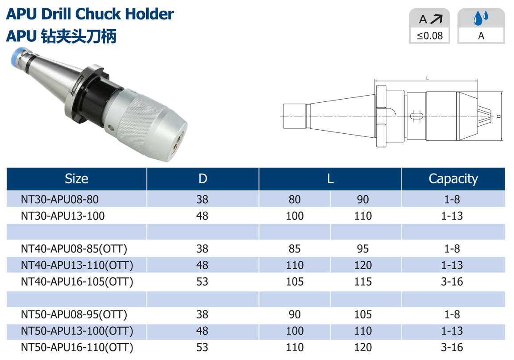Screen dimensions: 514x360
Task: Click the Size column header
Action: tap(76, 179)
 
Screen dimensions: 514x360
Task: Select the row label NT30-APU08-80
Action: tap(60, 200)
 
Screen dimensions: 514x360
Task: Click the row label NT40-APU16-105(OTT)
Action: tap(77, 282)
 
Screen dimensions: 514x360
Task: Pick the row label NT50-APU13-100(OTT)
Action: tap(77, 331)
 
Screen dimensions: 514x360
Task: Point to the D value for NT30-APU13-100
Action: tap(202, 216)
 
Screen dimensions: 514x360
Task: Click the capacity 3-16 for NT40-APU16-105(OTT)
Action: tap(452, 282)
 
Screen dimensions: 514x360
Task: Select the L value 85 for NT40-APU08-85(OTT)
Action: tap(295, 249)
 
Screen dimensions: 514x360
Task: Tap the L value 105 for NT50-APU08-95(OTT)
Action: tap(363, 314)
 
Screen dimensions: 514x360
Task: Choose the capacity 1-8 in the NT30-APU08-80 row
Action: tap(452, 200)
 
